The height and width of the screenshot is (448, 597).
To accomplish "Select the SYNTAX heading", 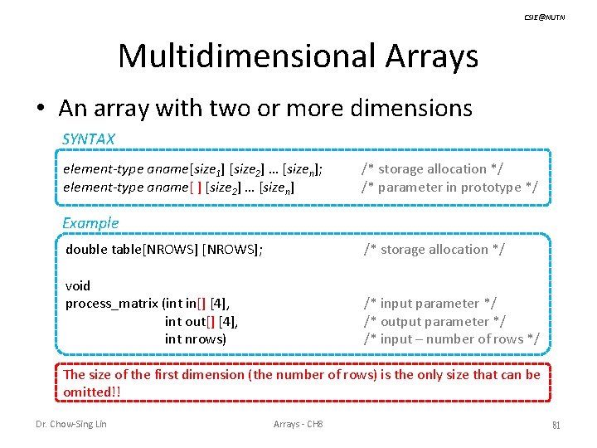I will coord(89,139).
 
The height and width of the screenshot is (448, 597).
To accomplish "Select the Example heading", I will coord(90,222).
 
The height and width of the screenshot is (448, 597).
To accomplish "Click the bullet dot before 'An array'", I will coord(41,109).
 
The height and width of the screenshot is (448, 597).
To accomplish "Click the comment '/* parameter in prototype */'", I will coord(449,187).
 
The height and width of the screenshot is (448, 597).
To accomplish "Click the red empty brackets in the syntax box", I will coord(196,187).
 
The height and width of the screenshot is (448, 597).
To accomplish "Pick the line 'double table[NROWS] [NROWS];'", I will coord(164,249).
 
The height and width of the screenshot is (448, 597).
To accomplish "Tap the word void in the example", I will coord(78,285).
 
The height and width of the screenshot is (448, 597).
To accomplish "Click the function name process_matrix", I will coord(112,304).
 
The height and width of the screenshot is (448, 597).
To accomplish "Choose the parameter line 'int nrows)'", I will coord(195,338).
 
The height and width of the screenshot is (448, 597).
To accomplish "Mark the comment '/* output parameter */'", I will coord(434,321).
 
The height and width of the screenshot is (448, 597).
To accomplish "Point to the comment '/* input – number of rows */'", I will coord(452,338).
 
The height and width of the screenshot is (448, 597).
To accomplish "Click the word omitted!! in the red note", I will coord(87,392).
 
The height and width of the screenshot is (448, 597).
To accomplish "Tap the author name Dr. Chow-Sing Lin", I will coord(71,425).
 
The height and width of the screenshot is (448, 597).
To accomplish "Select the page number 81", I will coord(556,425).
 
